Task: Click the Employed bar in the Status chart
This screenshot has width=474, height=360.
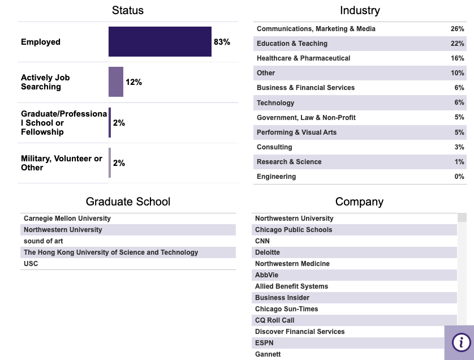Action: coord(160,42)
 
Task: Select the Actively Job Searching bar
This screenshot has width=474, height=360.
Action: coord(116,82)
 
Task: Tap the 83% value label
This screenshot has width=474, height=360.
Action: coord(222,42)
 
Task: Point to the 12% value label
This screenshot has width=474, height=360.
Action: coord(133,82)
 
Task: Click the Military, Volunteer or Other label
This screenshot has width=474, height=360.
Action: coord(62,163)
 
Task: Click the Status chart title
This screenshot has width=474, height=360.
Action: coord(128,10)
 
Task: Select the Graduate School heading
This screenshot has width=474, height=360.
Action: coord(128,202)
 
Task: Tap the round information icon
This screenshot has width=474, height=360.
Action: coord(461,342)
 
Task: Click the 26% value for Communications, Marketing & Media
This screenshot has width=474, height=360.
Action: coord(457,29)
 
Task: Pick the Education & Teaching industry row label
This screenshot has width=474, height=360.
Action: coord(292,44)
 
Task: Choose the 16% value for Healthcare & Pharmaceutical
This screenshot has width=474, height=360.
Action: coord(457,58)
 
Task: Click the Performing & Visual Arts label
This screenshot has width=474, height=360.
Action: coord(296,132)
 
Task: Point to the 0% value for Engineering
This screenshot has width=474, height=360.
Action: coord(459,177)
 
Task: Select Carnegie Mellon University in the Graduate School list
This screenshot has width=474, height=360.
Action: coord(67,218)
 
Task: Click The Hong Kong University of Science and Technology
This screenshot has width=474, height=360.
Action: coord(111,252)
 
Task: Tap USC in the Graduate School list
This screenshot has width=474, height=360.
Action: coord(31,264)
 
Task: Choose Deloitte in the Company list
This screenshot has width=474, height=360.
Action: coord(268,252)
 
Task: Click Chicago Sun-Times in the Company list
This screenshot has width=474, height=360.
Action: coord(286,309)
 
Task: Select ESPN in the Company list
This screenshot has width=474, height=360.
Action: coord(264,343)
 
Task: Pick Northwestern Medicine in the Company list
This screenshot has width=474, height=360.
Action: coord(292,264)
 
